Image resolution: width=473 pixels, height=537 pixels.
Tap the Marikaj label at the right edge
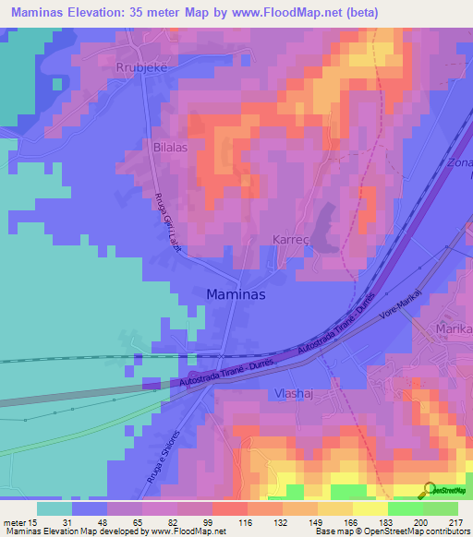[455, 328]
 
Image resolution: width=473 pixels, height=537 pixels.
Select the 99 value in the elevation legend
[212, 522]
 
